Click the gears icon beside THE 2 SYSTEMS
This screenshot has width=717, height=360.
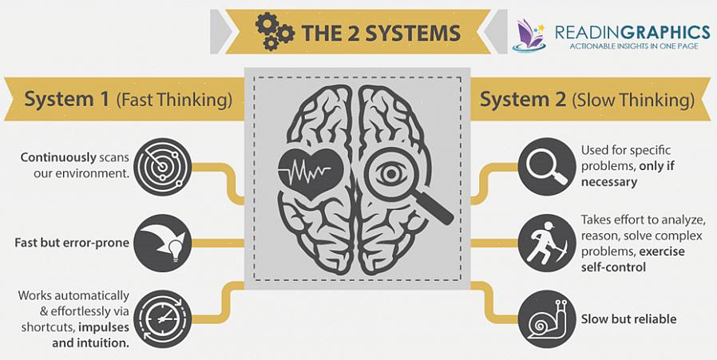pos(275,32)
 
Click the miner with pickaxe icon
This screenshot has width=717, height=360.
pos(547,242)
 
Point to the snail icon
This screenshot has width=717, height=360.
pos(547,318)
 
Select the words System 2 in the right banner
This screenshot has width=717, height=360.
pos(523,100)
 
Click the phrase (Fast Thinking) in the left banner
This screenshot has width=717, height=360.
pos(174,100)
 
